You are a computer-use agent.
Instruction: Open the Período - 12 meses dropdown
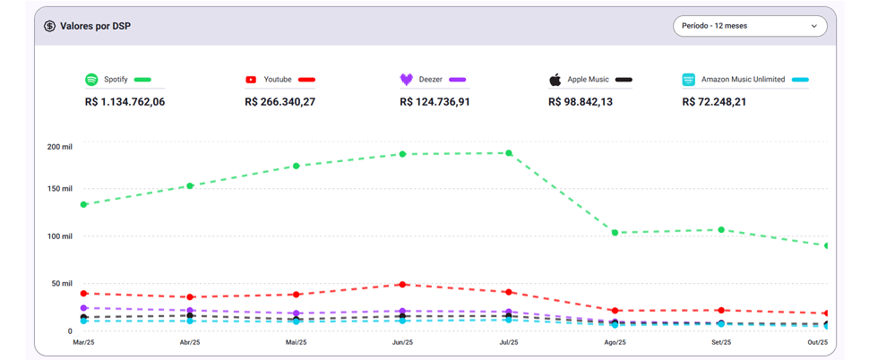[x=749, y=26]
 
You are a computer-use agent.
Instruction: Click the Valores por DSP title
[x=95, y=26]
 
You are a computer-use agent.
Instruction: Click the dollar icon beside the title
[x=50, y=26]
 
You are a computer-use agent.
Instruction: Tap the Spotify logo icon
[x=91, y=80]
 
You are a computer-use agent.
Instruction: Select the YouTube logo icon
[x=251, y=80]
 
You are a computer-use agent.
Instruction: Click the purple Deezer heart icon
[x=407, y=80]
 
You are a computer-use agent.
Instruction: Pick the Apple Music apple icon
[x=555, y=80]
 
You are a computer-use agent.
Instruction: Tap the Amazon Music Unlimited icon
[x=688, y=80]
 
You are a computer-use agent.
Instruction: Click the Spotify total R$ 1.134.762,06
[x=125, y=102]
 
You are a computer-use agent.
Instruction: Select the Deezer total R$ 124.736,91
[x=434, y=102]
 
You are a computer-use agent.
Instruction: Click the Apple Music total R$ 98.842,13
[x=581, y=102]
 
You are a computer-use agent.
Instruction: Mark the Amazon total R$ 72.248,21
[x=714, y=102]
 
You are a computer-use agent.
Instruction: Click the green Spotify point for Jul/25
[x=509, y=153]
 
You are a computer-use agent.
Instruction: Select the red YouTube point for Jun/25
[x=403, y=285]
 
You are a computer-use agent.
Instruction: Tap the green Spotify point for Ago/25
[x=615, y=233]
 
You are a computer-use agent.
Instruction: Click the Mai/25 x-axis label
[x=297, y=343]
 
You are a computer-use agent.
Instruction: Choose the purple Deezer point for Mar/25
[x=84, y=308]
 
